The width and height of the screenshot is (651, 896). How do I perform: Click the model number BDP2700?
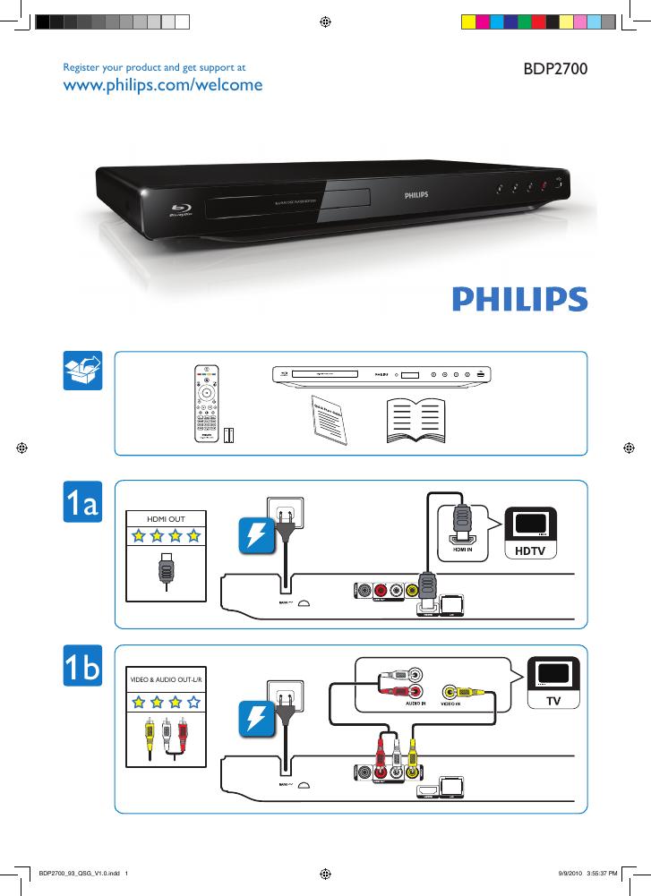pos(554,68)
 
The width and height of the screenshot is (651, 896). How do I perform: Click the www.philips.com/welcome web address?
pos(162,85)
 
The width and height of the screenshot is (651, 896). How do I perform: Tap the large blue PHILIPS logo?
pos(519,298)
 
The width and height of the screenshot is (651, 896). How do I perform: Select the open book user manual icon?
pos(415,420)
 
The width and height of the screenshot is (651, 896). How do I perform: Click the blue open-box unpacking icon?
pos(83,371)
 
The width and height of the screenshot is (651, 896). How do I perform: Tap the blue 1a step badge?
pos(83,503)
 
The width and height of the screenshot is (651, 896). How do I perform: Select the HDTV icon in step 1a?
pos(531,533)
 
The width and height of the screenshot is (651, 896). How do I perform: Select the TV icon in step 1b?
pos(553,685)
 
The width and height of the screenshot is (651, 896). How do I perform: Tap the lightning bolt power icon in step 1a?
pos(255,536)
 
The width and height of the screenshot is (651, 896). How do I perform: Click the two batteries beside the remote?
pos(229,435)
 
